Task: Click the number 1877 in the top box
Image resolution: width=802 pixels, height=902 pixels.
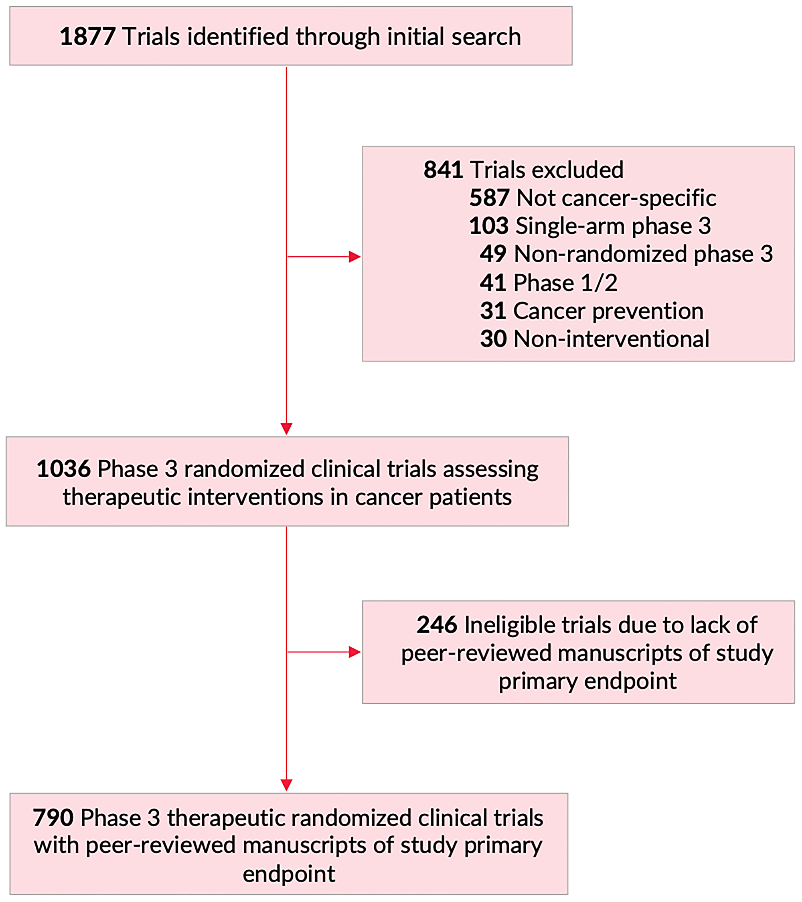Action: point(87,36)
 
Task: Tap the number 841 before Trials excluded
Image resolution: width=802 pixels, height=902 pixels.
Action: point(443,170)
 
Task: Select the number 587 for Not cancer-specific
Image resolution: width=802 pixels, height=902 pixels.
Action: point(489,198)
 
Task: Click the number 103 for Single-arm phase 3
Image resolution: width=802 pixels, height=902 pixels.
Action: point(488,226)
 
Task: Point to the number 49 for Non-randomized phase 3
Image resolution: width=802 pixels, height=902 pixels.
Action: point(493,254)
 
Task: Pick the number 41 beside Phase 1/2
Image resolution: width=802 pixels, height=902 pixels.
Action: point(493,282)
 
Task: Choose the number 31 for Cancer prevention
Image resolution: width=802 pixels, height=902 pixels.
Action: point(493,311)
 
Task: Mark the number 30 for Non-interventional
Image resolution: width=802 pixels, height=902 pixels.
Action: point(493,339)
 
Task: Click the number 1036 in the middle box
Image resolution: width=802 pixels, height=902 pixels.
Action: point(63,469)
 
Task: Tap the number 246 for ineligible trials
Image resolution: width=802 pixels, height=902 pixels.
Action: point(436,625)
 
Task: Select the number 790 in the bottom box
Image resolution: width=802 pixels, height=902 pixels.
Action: point(53,818)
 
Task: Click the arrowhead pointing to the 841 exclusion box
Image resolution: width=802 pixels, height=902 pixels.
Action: point(354,256)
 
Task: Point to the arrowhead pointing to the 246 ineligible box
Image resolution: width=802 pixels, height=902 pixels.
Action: point(354,652)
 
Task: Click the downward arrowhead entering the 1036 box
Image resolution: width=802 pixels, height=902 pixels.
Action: point(286,428)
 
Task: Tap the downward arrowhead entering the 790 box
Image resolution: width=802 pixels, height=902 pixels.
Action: point(286,784)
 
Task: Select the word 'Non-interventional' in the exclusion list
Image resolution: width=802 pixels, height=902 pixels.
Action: point(611,339)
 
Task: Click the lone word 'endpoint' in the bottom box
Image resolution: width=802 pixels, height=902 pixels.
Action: point(289,874)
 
